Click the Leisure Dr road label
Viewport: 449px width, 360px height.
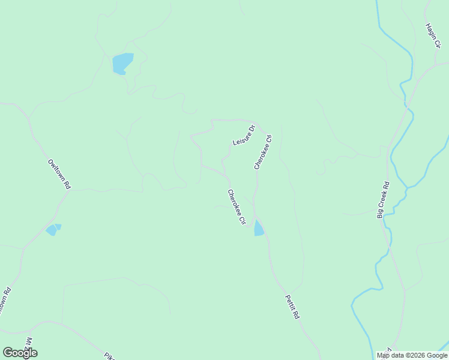[244, 135]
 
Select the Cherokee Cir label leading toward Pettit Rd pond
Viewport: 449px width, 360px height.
[237, 207]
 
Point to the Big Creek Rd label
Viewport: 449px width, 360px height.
[383, 200]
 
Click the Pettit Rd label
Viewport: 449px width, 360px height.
[291, 307]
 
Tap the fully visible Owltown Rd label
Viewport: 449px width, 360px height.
[59, 175]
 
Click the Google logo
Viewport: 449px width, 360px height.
[20, 353]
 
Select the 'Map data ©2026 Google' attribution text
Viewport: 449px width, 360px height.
[412, 355]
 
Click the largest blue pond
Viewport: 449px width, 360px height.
[122, 63]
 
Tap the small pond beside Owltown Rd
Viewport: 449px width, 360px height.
[53, 229]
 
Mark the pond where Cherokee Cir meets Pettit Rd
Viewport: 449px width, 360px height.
[259, 228]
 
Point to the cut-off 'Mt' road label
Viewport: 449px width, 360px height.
[29, 342]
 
